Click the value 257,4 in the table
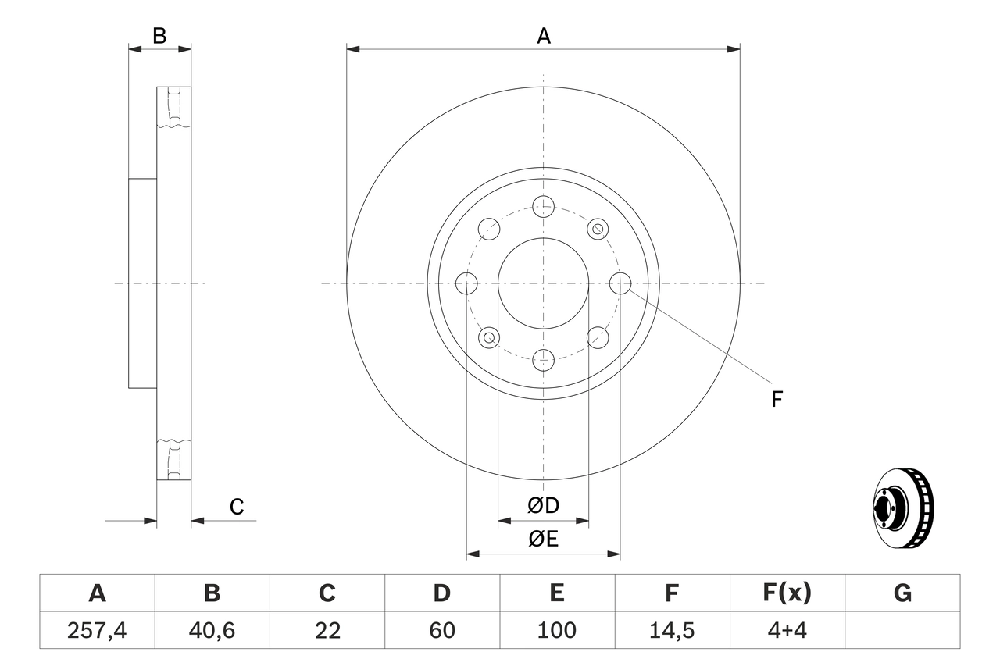(97, 630)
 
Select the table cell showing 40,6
(212, 630)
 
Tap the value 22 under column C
(327, 630)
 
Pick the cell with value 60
(441, 630)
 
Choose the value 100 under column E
(556, 630)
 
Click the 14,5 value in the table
(671, 630)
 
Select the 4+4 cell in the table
(787, 630)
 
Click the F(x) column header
(787, 593)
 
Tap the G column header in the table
(902, 593)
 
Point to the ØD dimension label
(544, 505)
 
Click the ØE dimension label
(544, 540)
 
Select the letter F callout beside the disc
(777, 400)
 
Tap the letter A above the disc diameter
(544, 36)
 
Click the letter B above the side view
(159, 36)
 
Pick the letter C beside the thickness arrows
(237, 507)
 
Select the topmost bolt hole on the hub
(543, 206)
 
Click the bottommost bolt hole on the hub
(543, 360)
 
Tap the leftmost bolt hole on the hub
(466, 283)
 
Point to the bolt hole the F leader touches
(620, 283)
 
